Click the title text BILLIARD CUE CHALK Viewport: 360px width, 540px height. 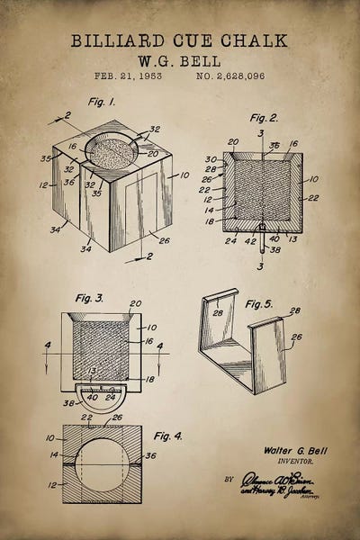point(180,40)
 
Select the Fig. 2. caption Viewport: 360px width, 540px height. point(264,118)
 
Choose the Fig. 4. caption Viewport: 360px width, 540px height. point(167,436)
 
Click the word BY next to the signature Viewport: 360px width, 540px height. point(229,480)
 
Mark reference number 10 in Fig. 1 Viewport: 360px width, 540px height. point(184,175)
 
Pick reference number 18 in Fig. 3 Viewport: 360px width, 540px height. point(148,381)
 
